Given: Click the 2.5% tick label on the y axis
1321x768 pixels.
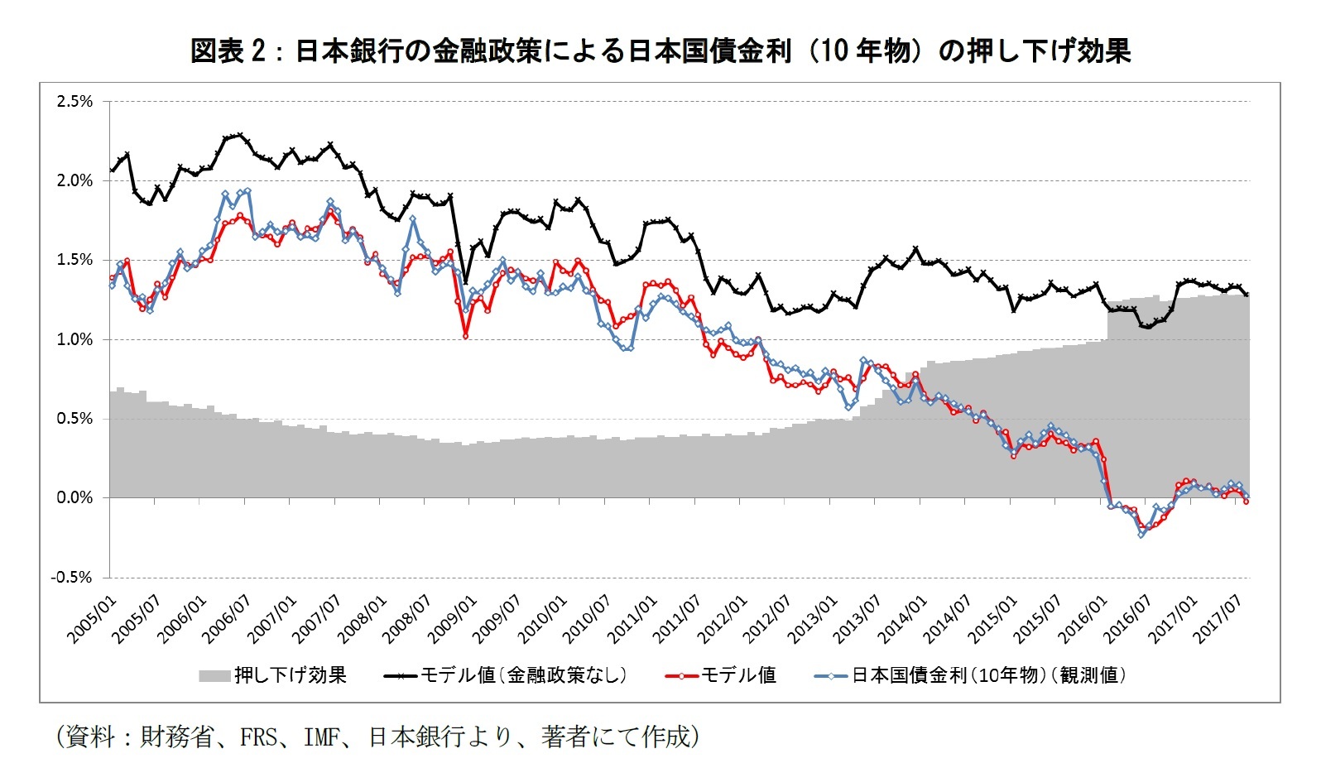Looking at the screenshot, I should point(74,102).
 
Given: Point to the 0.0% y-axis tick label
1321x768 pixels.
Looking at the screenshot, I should point(74,498).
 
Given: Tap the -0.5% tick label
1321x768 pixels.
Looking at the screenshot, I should point(72,578).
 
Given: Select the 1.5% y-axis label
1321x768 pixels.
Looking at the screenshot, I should point(74,260).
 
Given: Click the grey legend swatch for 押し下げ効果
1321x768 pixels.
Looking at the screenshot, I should point(214,676).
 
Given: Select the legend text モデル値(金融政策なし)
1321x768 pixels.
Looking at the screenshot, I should point(523,675).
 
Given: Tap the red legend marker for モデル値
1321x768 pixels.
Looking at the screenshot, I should point(680,676).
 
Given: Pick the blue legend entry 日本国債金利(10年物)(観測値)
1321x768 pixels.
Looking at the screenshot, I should point(989,675).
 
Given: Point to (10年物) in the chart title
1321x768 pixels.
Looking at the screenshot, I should point(864,51).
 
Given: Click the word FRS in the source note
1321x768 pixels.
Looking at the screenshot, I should point(258,737).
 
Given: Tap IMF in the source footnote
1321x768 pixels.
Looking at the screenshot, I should point(322,737).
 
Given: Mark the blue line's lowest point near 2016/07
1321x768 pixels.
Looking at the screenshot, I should point(1141,535).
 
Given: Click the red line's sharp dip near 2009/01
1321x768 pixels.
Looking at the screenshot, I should point(465,336).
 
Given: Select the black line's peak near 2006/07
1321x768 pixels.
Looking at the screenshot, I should point(240,134).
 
